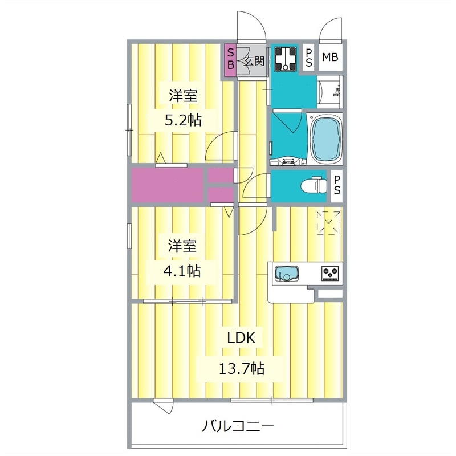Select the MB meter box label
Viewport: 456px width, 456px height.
[330, 58]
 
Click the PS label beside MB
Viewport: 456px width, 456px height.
[308, 58]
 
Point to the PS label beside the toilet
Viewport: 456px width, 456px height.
[337, 185]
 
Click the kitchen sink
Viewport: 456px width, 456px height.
[287, 274]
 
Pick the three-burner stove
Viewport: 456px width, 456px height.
[331, 274]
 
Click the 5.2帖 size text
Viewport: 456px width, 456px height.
[175, 120]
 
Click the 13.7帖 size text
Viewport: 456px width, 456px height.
[242, 368]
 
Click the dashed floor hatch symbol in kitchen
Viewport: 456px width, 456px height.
[329, 222]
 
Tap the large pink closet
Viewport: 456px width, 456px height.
[168, 185]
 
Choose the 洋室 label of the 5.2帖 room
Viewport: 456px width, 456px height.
[182, 96]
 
